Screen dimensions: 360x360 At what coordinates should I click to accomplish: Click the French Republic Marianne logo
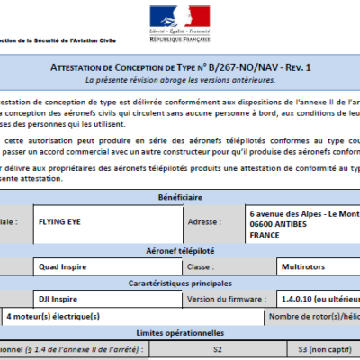pos(179,15)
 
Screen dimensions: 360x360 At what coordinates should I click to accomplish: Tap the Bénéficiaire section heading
pos(181,198)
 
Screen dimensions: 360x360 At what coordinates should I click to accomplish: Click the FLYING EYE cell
pos(64,220)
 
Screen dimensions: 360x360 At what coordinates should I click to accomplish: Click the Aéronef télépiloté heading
pos(181,254)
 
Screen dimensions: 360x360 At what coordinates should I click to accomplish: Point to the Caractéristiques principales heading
pos(181,282)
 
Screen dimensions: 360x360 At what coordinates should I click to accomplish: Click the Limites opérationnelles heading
pos(181,332)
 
